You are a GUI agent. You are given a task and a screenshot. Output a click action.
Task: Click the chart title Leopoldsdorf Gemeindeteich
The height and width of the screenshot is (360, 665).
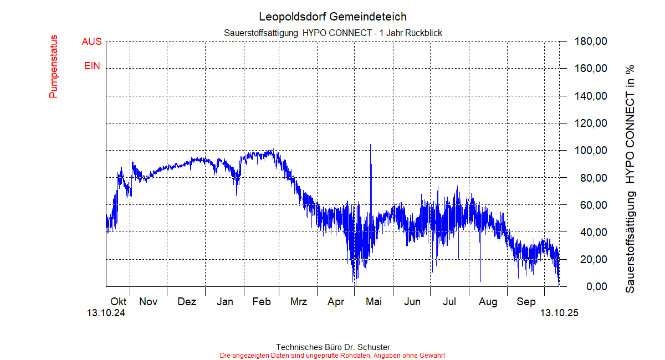coord(332,17)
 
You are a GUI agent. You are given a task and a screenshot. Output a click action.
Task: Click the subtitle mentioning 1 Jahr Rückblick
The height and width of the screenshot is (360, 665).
coord(332,33)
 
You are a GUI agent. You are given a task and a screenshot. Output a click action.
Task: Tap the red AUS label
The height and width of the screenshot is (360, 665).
coord(91,42)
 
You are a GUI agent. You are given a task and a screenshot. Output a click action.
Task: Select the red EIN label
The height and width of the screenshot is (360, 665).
coord(92,66)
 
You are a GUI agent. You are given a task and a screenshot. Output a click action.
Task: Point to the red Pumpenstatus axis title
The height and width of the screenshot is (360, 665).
coord(54,66)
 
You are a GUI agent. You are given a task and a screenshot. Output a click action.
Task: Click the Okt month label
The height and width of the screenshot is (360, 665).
coord(119,302)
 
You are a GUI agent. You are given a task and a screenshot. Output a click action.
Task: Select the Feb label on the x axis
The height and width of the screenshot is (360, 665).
coord(261,302)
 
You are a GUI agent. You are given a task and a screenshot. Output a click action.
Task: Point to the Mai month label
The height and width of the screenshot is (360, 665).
coord(374,302)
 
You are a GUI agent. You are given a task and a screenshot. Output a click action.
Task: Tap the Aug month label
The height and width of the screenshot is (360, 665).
coord(488,302)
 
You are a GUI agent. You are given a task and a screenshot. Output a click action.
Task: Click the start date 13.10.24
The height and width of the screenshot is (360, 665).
coord(106,313)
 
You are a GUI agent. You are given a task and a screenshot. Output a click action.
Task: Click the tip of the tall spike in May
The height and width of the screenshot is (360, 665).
coord(370,145)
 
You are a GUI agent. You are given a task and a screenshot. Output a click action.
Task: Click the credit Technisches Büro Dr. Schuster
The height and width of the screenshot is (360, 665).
coord(332,347)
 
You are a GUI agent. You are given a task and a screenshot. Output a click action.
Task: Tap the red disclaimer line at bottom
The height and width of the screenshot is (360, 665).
coord(332,355)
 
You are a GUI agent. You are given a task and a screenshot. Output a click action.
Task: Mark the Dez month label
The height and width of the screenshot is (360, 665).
coord(187,302)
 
